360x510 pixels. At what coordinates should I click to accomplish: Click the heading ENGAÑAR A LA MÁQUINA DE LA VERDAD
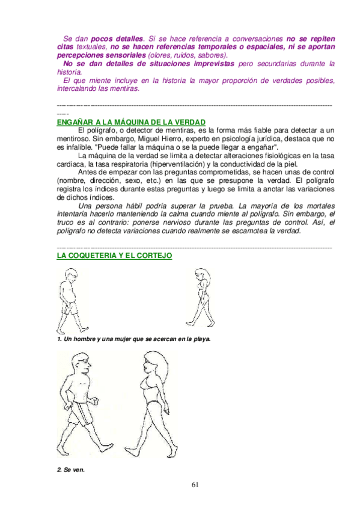tap(130, 121)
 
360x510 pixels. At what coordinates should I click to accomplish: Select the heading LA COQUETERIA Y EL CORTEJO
tap(114, 256)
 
